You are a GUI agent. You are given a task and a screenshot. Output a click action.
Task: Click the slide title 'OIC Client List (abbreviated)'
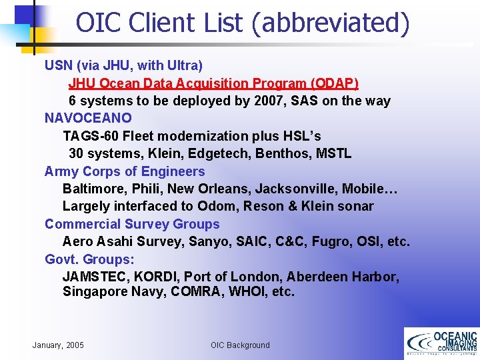click(x=242, y=22)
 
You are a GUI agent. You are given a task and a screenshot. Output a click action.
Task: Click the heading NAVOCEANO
click(x=88, y=118)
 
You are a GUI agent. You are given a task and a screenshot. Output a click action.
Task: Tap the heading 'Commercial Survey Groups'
click(x=132, y=224)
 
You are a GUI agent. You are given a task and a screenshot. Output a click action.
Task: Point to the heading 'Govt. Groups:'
click(x=89, y=259)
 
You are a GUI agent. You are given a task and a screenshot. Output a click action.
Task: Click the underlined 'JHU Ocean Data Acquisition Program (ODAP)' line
click(x=213, y=83)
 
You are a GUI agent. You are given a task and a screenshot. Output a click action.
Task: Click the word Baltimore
click(x=94, y=189)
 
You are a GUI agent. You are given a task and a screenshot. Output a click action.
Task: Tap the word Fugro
click(x=327, y=241)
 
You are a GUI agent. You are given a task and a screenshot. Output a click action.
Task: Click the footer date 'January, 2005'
click(x=58, y=345)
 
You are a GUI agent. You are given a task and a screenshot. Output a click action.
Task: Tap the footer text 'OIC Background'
click(x=240, y=345)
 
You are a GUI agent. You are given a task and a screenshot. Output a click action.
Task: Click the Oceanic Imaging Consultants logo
click(x=441, y=343)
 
